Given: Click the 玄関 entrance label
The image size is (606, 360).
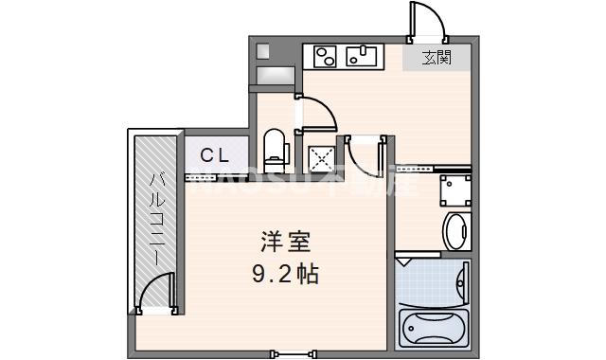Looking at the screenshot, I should click(x=436, y=58).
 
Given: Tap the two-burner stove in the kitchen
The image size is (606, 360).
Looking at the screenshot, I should click(x=325, y=57).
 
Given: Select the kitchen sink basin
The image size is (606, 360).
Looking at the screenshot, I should click(x=362, y=57).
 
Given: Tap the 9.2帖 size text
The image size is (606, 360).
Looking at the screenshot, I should click(x=284, y=275).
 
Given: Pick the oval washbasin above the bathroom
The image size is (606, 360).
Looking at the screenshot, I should click(x=455, y=231).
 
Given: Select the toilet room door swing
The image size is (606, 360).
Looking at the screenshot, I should click(x=317, y=111).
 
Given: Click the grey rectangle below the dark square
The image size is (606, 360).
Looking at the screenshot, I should click(x=275, y=75).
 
